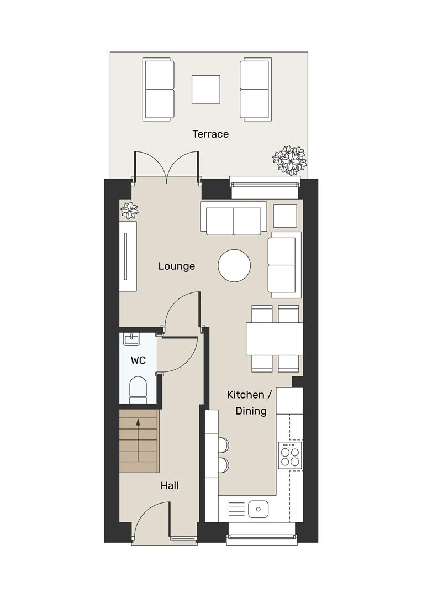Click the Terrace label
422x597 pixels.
coord(210,134)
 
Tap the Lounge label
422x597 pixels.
coord(177,266)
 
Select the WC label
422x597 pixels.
coord(138,360)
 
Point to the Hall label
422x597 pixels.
coord(170,486)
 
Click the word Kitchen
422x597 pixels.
coord(246,395)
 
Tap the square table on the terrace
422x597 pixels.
coord(206,89)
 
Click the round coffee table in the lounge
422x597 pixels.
coord(235,266)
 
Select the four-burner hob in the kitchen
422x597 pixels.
coord(290,455)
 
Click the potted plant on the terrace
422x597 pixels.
coord(289,159)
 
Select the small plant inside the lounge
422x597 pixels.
coord(130,210)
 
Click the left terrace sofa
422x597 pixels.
coord(159,90)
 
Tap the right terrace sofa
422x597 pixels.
coord(255,90)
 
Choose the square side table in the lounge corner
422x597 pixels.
coord(285,216)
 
